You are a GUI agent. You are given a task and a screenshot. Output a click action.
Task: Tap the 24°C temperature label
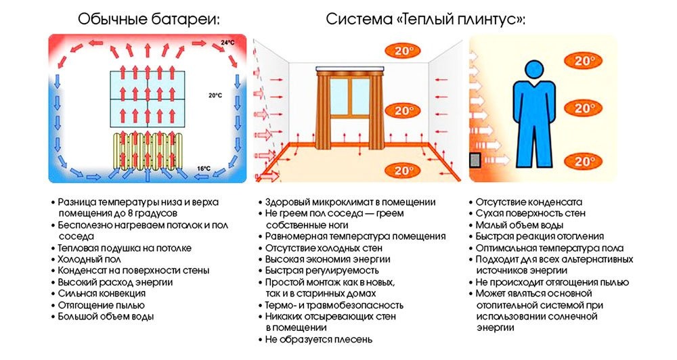[227, 44]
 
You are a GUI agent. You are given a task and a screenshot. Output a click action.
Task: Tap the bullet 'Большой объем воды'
[105, 316]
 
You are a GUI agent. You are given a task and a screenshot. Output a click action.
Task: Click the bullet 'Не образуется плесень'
[318, 339]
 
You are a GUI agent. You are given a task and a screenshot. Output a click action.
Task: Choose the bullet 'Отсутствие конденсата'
[528, 202]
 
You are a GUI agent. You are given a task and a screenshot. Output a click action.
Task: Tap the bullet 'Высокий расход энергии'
[114, 282]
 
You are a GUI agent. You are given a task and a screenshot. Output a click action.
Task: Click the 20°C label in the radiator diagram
[215, 96]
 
